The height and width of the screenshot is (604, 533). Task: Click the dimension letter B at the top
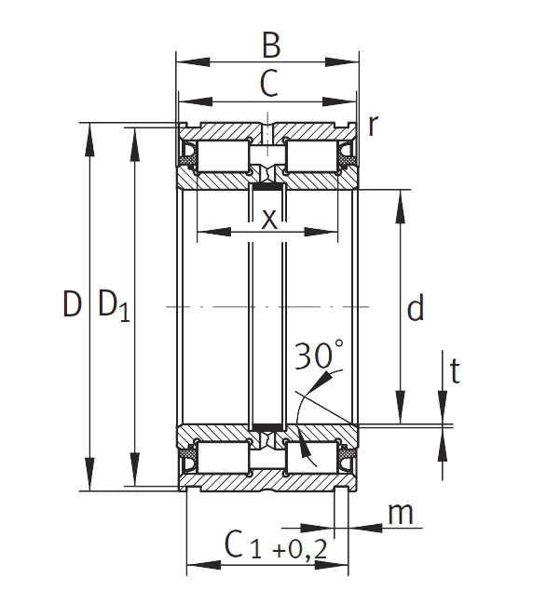pyautogui.click(x=271, y=46)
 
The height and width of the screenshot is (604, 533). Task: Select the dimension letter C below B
pyautogui.click(x=268, y=83)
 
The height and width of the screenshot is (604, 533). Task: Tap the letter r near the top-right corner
pyautogui.click(x=372, y=126)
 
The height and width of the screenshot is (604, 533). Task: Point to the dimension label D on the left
pyautogui.click(x=73, y=304)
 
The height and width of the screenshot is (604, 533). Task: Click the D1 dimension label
pyautogui.click(x=115, y=306)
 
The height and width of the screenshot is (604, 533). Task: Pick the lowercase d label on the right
pyautogui.click(x=416, y=307)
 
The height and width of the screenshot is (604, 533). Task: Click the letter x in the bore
pyautogui.click(x=269, y=220)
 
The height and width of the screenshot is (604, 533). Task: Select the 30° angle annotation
pyautogui.click(x=320, y=355)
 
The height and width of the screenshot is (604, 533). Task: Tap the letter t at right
pyautogui.click(x=455, y=370)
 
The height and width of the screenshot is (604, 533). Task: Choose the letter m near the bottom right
pyautogui.click(x=401, y=515)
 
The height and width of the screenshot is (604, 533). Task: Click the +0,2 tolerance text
pyautogui.click(x=300, y=549)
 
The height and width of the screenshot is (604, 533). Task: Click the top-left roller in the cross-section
pyautogui.click(x=223, y=156)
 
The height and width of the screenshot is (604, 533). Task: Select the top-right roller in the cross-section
pyautogui.click(x=311, y=156)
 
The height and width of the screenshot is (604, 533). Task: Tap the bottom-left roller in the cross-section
pyautogui.click(x=223, y=457)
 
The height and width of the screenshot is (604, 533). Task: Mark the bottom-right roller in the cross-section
pyautogui.click(x=311, y=457)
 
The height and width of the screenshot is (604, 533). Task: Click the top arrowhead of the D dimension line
pyautogui.click(x=89, y=141)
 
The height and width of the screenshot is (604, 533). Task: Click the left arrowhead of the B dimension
pyautogui.click(x=193, y=62)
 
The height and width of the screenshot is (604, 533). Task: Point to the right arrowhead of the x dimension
pyautogui.click(x=321, y=232)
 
